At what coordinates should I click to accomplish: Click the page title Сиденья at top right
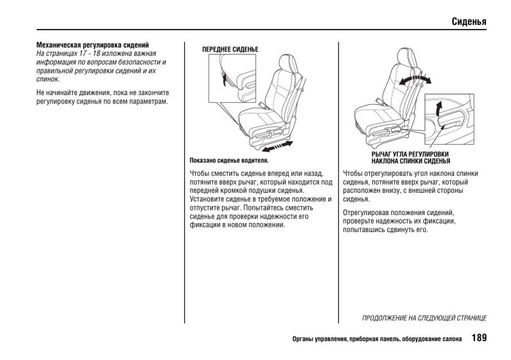click(x=468, y=22)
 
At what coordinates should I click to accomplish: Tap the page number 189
click(x=478, y=339)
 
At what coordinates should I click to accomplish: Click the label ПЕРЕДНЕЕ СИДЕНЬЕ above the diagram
click(x=230, y=50)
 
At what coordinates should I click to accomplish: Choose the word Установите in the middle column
click(x=208, y=199)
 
